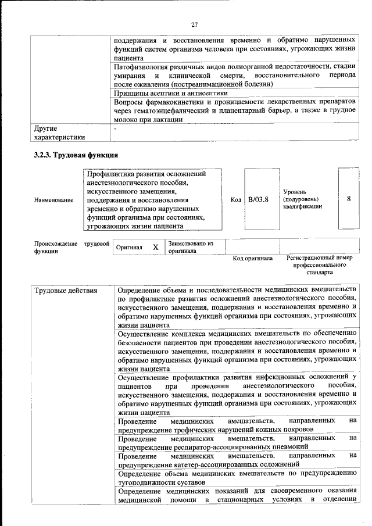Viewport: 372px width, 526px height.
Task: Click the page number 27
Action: pos(194,24)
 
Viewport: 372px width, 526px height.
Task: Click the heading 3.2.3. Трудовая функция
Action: pos(76,155)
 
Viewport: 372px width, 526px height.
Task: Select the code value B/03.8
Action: pos(258,199)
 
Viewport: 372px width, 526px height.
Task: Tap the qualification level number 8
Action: pos(349,199)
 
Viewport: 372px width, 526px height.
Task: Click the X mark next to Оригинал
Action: pos(155,247)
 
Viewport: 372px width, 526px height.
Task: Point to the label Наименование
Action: pos(54,200)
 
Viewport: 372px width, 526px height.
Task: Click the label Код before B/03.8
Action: pos(235,199)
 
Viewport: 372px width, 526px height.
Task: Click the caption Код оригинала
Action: pos(252,258)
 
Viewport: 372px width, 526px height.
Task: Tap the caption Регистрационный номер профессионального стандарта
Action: pos(320,264)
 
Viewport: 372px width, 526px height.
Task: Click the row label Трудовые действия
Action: pos(65,290)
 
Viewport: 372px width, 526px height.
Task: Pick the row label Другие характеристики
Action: pos(60,133)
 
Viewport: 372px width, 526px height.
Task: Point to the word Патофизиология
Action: pos(142,67)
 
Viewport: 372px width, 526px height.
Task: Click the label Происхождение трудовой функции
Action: pos(71,248)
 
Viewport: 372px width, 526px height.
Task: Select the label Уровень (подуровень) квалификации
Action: pos(303,199)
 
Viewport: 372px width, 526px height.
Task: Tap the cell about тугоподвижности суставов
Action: pos(236,478)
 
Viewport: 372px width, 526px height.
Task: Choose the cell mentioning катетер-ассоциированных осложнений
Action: pos(236,460)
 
